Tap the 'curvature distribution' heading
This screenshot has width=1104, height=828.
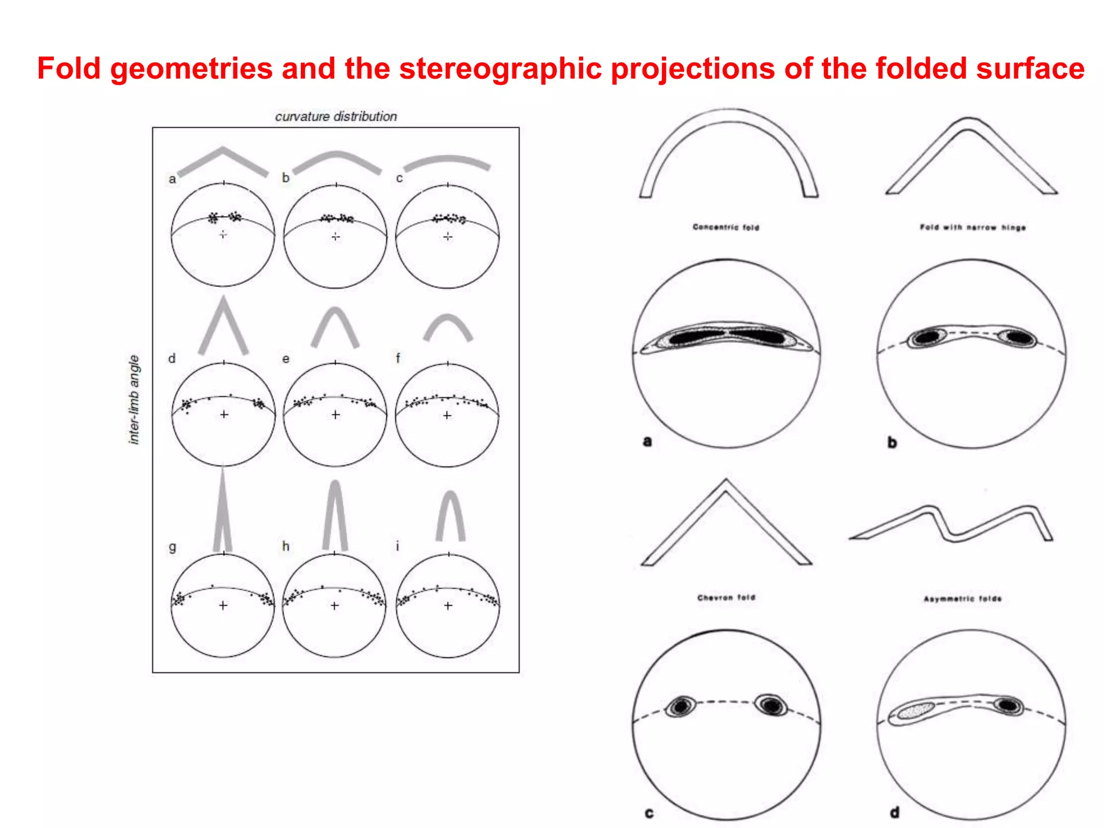point(336,116)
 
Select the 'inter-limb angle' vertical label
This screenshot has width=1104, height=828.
point(134,399)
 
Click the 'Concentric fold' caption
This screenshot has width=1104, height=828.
point(726,227)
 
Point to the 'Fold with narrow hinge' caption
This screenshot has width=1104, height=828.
point(972,227)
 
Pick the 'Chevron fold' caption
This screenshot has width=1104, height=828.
point(726,597)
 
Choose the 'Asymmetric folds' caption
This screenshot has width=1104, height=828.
point(962,599)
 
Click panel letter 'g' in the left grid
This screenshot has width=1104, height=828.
point(172,547)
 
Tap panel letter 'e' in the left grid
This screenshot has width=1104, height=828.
point(286,358)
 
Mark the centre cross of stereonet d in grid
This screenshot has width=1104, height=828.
point(224,415)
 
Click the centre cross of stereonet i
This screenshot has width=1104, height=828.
point(448,606)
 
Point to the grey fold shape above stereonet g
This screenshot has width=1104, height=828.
point(223,512)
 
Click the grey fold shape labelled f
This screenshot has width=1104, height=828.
point(448,327)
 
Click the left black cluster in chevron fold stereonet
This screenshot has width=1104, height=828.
point(681,706)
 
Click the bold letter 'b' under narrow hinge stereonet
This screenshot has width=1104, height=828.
point(892,443)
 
